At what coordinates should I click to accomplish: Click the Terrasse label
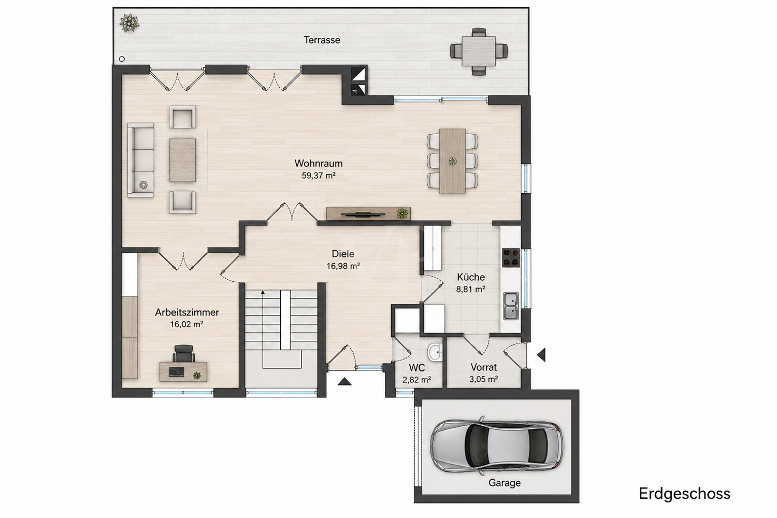coord(322,40)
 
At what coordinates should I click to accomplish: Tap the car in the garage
coord(496,445)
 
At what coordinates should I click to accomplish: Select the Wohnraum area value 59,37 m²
coord(319,176)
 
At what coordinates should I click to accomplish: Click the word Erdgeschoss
coord(684,494)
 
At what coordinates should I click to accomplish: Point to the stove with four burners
coord(511,257)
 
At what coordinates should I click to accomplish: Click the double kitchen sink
coord(511,306)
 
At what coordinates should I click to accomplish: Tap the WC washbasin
coord(435,352)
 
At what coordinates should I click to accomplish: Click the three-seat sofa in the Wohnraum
coord(140,160)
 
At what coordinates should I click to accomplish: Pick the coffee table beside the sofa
coord(182,160)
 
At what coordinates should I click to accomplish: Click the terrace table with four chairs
coord(479,51)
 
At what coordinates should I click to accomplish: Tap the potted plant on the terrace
coord(129,23)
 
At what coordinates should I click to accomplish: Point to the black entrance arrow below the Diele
coord(344,382)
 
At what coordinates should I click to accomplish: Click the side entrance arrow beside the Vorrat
coord(541,355)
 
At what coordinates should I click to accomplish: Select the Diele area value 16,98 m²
coord(343,266)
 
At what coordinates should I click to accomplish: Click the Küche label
coord(471,277)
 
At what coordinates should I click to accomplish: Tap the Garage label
coord(505,483)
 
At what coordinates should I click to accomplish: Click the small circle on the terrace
coord(122,59)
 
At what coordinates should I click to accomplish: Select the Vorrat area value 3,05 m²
coord(483,379)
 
